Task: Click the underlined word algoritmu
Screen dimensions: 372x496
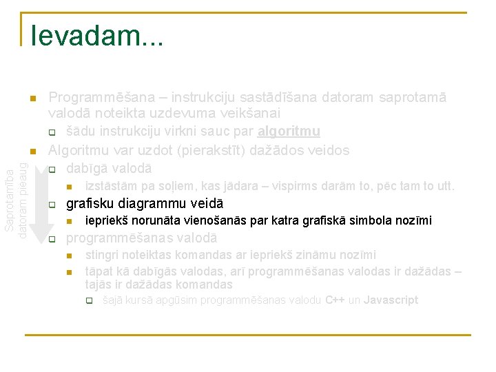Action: click(x=289, y=131)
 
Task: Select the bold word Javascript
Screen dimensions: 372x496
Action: click(x=391, y=300)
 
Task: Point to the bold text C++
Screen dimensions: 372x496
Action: click(x=335, y=300)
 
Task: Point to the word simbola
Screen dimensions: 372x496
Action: click(x=369, y=220)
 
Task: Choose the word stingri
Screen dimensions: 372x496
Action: click(x=101, y=256)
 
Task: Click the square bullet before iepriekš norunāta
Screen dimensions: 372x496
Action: click(x=69, y=221)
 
